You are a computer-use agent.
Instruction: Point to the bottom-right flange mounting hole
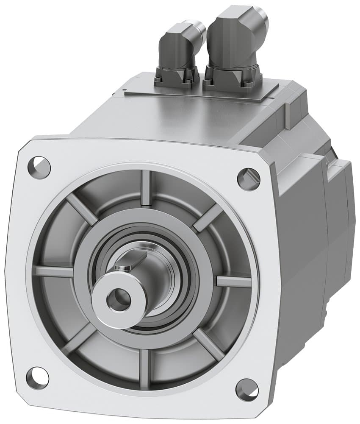247,390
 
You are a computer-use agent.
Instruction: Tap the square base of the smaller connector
177,76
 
